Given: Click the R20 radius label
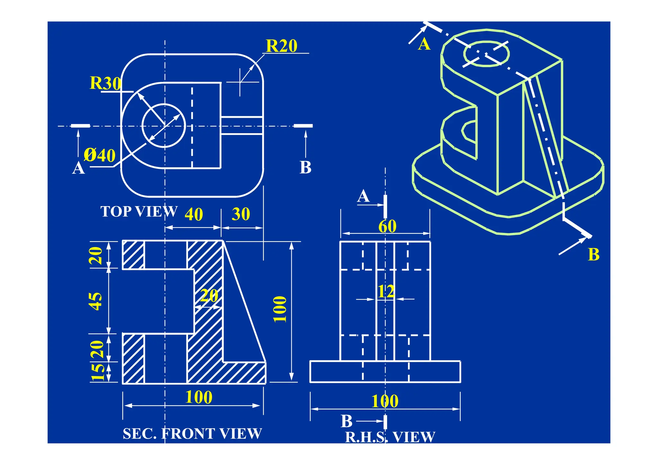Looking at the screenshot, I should tap(281, 46).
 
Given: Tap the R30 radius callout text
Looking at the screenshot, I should tap(105, 83).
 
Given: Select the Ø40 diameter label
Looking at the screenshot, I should tap(100, 155).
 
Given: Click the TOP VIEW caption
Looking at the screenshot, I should tap(139, 212).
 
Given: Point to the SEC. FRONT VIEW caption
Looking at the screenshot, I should tap(192, 434).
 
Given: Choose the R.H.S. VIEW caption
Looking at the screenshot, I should tap(390, 437).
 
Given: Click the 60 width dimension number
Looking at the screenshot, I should tap(387, 226).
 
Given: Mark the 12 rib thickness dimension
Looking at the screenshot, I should tap(386, 292).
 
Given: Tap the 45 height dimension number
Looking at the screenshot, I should tap(95, 301).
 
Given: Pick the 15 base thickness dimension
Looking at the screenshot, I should tap(97, 373).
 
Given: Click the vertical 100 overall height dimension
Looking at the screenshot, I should tap(280, 309).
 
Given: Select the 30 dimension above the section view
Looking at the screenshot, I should tap(241, 214).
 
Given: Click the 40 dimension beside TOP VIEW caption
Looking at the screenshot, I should tap(194, 215).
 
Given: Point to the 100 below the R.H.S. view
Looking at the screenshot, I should tap(385, 401).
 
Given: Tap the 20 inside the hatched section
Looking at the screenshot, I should tap(209, 296).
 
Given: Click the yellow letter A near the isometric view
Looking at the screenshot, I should tap(424, 44).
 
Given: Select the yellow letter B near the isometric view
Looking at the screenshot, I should tap(593, 255).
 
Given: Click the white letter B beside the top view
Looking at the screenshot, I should tap(305, 167).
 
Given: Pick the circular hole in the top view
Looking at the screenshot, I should tap(164, 126).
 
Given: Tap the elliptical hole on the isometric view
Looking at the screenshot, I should tap(486, 53).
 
